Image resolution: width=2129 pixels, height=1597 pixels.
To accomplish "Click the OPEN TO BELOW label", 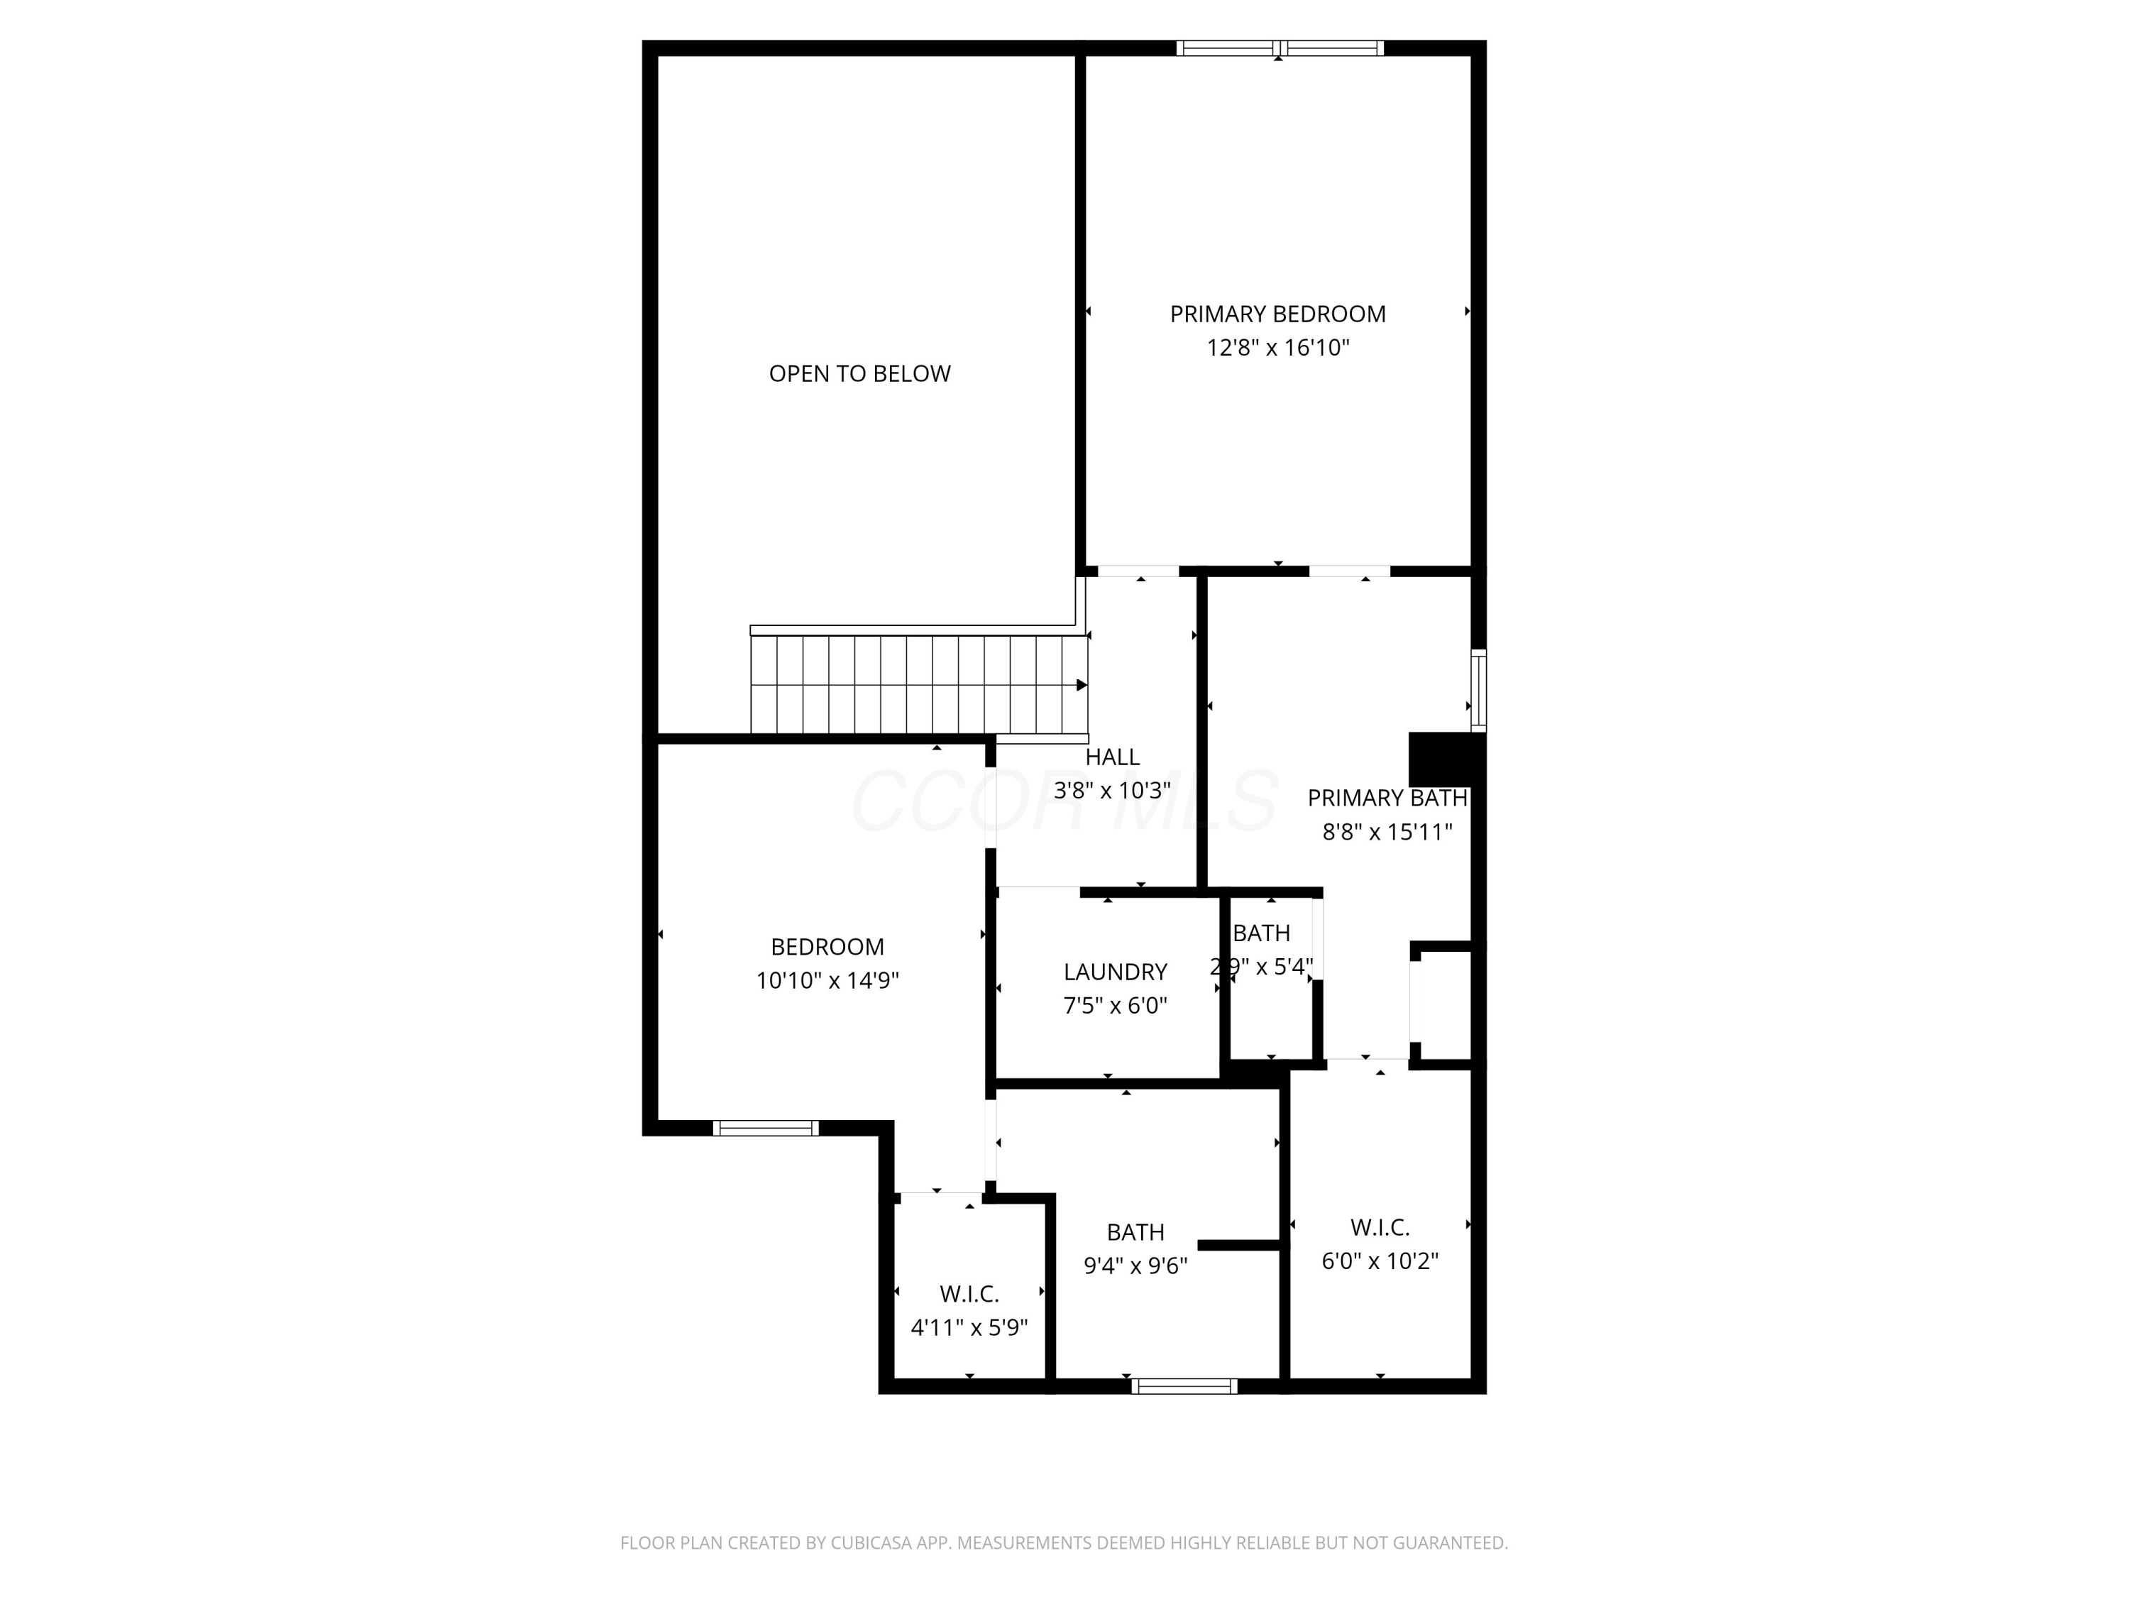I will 859,373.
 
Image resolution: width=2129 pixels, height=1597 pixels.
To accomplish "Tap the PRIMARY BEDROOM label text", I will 1277,314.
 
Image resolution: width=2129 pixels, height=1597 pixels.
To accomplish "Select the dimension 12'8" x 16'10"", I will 1278,348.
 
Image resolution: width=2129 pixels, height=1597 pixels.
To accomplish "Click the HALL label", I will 1113,757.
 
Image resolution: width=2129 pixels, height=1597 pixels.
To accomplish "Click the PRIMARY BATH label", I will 1387,798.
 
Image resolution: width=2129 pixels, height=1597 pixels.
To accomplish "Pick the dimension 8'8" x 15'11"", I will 1387,832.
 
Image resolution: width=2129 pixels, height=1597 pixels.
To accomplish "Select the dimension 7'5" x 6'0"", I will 1116,1006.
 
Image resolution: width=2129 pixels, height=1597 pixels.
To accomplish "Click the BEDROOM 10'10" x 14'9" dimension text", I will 827,981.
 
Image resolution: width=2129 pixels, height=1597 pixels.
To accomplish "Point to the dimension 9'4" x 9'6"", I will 1135,1266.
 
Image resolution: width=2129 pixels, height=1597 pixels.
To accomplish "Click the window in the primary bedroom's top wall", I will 1280,48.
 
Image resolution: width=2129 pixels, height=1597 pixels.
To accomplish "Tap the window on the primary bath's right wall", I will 1478,690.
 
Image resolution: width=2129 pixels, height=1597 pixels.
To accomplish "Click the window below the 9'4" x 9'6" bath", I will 1184,1386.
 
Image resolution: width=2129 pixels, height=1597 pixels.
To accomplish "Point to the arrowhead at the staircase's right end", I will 1082,686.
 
